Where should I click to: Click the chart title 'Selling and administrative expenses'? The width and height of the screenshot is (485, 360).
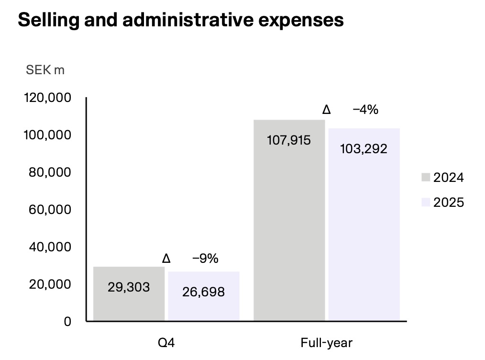180,21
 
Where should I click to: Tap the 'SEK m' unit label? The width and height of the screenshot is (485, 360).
45,70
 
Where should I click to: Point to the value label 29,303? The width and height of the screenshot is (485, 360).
129,287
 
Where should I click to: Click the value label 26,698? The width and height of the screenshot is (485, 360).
203,292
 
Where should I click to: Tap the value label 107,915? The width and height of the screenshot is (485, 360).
289,140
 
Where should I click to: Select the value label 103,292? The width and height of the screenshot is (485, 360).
364,148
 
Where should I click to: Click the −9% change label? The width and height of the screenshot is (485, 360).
205,259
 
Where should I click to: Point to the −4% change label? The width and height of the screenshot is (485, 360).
365,110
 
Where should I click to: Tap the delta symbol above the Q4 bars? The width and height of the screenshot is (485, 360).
166,259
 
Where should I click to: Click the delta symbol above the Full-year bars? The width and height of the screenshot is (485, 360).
327,110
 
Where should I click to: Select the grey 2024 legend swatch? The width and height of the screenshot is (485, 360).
427,178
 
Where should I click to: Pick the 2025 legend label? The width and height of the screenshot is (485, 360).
449,202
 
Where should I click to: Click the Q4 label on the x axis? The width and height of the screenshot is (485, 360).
166,343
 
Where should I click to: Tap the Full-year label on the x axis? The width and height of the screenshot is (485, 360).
327,343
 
